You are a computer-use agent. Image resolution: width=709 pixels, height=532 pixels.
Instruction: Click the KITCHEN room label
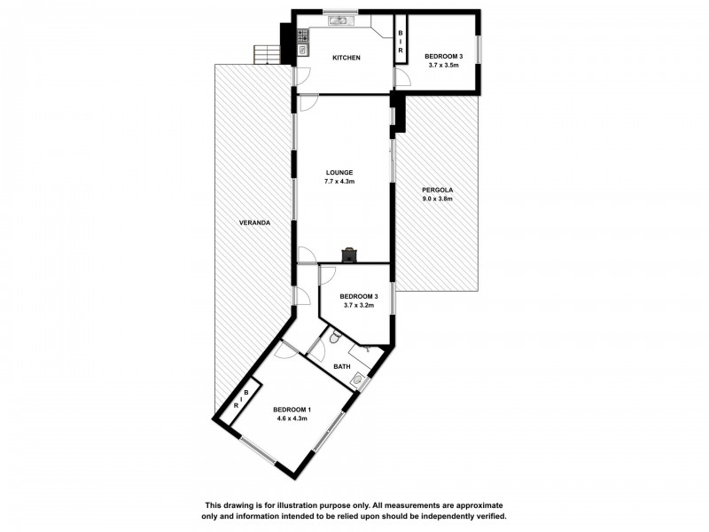point(346,58)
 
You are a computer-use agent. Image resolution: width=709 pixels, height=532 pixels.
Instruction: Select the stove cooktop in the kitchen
point(303,36)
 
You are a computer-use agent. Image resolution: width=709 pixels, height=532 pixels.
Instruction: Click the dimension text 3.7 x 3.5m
point(443,65)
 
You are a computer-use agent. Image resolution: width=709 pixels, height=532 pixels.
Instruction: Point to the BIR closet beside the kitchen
point(401,40)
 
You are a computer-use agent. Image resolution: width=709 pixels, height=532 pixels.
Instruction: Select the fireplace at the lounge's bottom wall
point(351,254)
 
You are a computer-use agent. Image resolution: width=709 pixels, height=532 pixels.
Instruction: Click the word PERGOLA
point(437,190)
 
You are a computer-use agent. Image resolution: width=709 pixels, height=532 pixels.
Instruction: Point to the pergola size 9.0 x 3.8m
point(437,199)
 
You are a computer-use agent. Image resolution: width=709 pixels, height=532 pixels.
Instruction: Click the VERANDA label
point(254,222)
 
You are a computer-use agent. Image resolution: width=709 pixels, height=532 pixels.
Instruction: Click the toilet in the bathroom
point(334,338)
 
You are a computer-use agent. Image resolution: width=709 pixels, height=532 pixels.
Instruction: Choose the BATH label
point(342,366)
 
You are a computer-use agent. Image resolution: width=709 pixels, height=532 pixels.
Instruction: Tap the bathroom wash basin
point(357,380)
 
